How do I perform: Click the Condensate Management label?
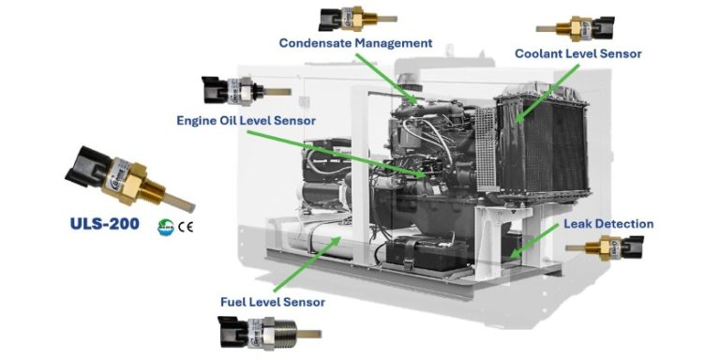pyautogui.click(x=356, y=43)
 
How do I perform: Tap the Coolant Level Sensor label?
pyautogui.click(x=577, y=54)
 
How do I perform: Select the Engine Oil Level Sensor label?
pyautogui.click(x=247, y=120)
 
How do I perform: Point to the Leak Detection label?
pyautogui.click(x=607, y=224)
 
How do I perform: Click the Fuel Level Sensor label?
pyautogui.click(x=272, y=302)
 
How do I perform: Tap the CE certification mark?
pyautogui.click(x=186, y=226)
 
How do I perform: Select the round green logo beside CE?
pyautogui.click(x=166, y=226)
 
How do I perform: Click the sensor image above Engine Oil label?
pyautogui.click(x=241, y=91)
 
